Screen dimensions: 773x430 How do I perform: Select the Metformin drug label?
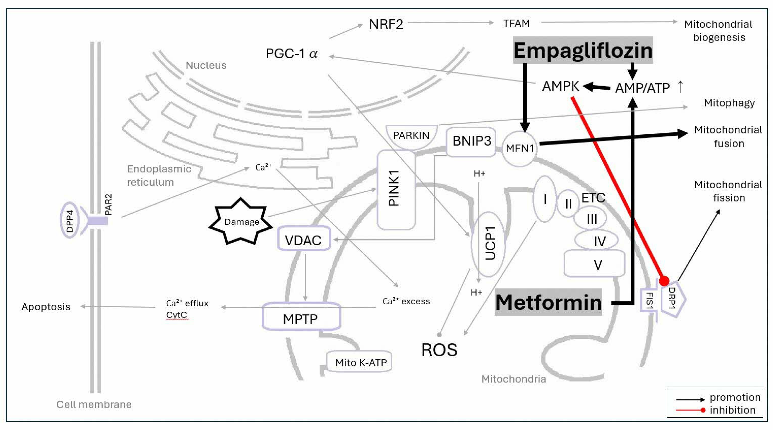pos(548,302)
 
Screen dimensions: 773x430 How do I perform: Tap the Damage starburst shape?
pos(241,221)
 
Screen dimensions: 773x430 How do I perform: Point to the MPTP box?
pos(301,317)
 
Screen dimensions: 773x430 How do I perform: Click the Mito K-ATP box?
pos(359,362)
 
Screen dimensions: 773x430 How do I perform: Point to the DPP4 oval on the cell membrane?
pos(70,220)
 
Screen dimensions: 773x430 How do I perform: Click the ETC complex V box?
pos(594,263)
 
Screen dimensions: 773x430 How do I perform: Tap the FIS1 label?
pos(648,301)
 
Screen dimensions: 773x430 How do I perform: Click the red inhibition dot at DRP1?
pos(664,281)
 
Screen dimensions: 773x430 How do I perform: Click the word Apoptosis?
pos(46,307)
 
